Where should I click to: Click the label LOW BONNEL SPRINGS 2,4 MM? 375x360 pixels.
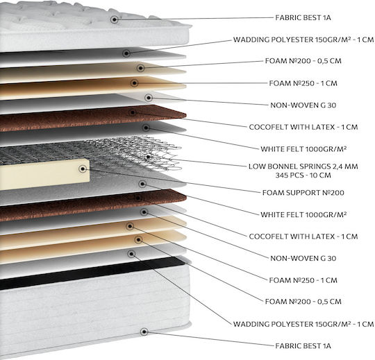(x=303, y=166)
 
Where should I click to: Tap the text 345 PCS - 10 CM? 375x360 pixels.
(x=303, y=175)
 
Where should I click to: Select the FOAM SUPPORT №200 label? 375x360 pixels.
(x=303, y=193)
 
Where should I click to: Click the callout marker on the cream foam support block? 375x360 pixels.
(x=83, y=169)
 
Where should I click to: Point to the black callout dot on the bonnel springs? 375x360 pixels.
(x=149, y=157)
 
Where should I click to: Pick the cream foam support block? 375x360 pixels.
(x=44, y=174)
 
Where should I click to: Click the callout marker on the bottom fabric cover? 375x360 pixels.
(x=144, y=332)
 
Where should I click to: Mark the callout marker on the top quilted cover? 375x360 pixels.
(x=115, y=19)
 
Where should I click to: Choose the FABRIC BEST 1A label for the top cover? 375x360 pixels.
(x=303, y=17)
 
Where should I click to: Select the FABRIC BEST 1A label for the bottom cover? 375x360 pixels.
(x=303, y=345)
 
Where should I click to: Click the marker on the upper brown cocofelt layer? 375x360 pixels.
(x=132, y=112)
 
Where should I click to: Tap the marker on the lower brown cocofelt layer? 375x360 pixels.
(x=137, y=198)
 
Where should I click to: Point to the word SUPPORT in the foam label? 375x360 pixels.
(x=301, y=193)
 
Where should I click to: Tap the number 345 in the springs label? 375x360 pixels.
(x=282, y=175)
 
